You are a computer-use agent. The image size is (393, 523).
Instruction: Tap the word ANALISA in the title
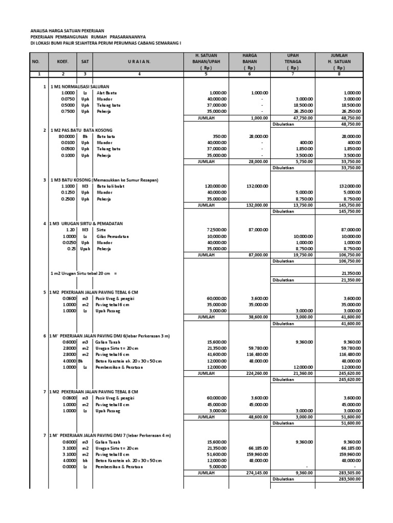pos(40,31)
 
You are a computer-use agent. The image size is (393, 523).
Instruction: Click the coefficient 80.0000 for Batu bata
pos(67,136)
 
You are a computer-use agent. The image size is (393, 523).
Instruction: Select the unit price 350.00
pos(219,136)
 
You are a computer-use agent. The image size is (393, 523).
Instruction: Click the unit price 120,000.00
pos(213,186)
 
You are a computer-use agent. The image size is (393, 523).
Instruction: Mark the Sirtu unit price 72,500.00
pos(214,230)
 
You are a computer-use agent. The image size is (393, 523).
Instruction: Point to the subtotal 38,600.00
pos(258,317)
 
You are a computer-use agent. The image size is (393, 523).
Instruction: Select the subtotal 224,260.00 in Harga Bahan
pos(257,373)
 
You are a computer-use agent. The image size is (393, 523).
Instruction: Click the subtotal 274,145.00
pos(257,472)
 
